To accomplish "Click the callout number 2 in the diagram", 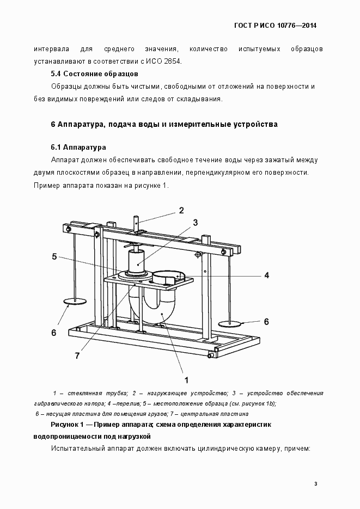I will pos(181,210).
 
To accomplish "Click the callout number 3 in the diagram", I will pos(194,222).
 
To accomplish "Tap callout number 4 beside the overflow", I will pos(266,275).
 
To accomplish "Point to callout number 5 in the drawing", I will pos(54,257).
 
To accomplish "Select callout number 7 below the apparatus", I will pos(77,355).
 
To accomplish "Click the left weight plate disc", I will pos(75,301).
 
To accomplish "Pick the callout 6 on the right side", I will pos(266,322).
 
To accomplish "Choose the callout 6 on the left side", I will pos(53,333).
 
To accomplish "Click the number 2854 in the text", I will pos(173,61).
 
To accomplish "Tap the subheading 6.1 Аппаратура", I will pos(78,148).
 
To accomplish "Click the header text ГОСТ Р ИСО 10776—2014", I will pos(275,26).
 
